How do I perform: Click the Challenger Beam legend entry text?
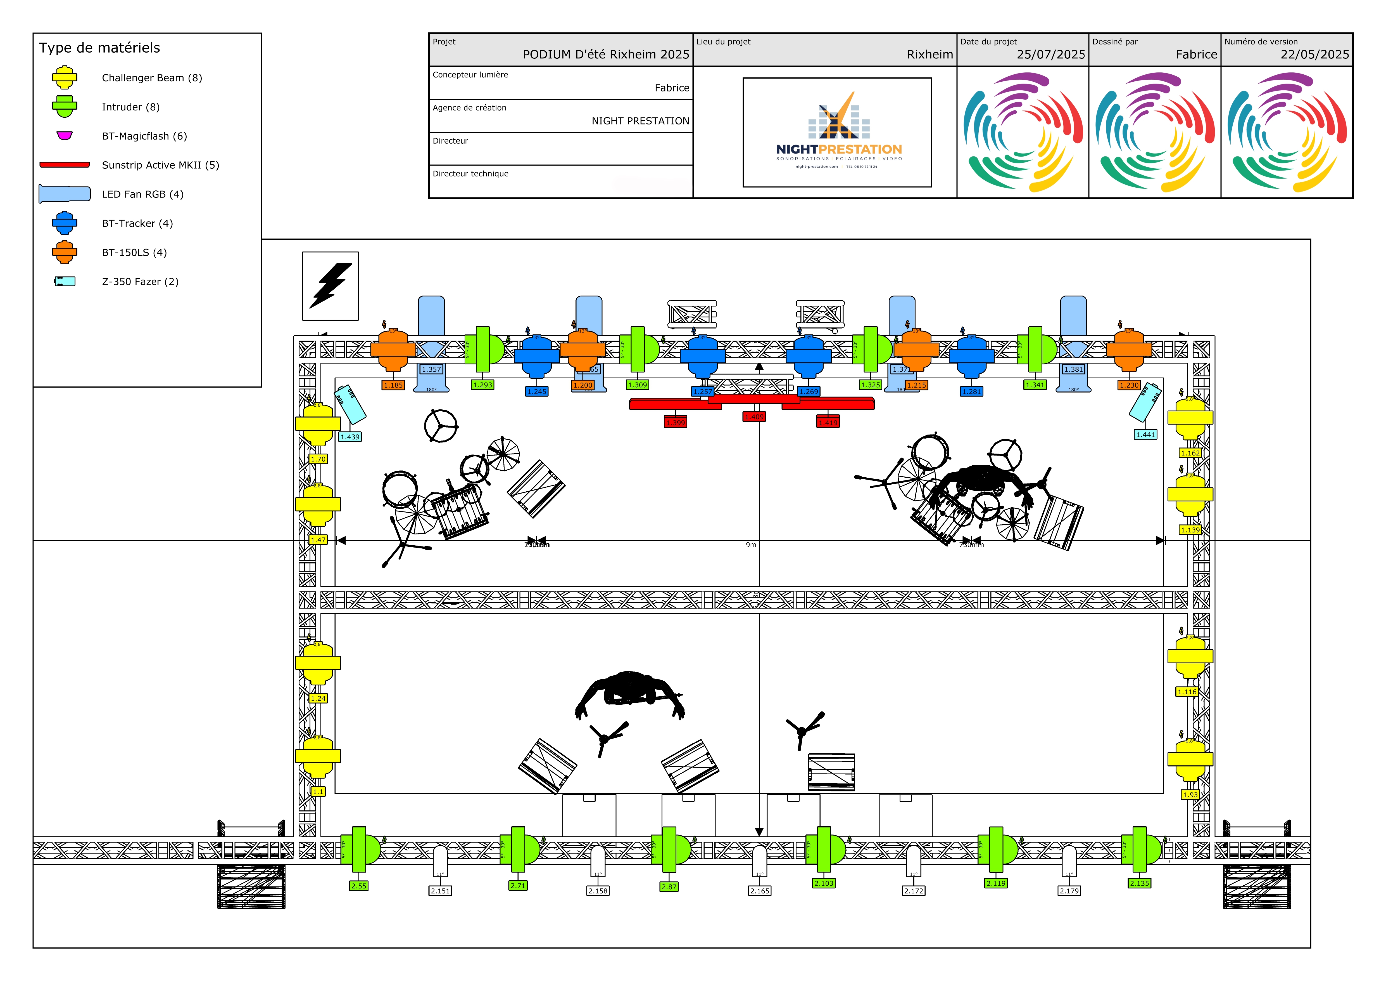click(x=151, y=78)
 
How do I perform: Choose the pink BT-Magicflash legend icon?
click(x=65, y=135)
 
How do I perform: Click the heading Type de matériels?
click(x=100, y=48)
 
